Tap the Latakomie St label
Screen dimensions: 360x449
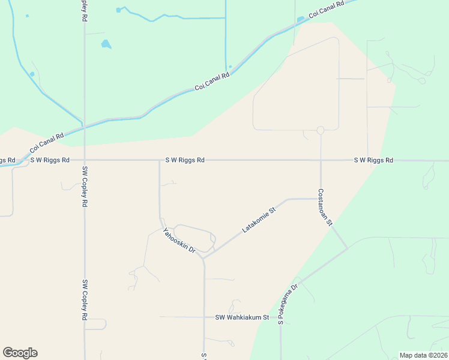pos(258,220)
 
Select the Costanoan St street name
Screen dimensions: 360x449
pos(325,207)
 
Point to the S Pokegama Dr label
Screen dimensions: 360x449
pos(288,305)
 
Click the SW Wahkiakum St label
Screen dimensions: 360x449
pos(242,317)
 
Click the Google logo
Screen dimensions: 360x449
pos(20,353)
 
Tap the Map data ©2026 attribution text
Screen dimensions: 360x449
pos(423,355)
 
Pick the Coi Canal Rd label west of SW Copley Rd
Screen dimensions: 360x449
pos(47,142)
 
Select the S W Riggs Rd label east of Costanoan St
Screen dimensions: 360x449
pos(373,160)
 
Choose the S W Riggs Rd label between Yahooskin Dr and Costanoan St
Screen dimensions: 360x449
pos(185,160)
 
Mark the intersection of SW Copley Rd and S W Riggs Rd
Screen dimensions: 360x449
pos(85,160)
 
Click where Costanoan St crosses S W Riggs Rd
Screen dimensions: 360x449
pos(321,160)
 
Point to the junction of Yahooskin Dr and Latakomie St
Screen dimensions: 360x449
pos(204,259)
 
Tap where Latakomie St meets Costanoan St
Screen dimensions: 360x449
pos(321,199)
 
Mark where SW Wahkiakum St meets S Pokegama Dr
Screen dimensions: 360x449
pos(281,317)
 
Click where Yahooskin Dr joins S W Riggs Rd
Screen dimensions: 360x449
pos(159,160)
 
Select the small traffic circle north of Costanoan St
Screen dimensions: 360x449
pos(321,130)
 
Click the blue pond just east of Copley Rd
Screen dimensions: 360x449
pos(106,44)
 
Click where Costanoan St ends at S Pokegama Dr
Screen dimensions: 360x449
pos(347,248)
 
